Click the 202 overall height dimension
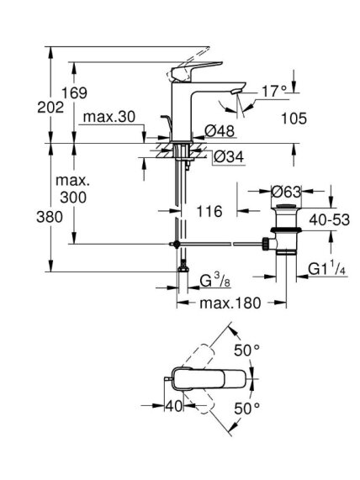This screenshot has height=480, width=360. coord(50,108)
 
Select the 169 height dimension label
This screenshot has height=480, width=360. coord(75,92)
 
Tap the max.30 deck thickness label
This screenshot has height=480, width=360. coord(109,117)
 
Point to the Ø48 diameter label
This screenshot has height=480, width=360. coord(220,131)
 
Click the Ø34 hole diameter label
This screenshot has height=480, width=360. coord(229,157)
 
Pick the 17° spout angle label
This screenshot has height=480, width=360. coord(274,92)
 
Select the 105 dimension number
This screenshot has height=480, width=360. coord(294,119)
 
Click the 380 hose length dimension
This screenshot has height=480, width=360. coord(50,217)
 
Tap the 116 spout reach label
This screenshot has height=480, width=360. coord(209,211)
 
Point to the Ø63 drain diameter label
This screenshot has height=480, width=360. coord(286,192)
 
